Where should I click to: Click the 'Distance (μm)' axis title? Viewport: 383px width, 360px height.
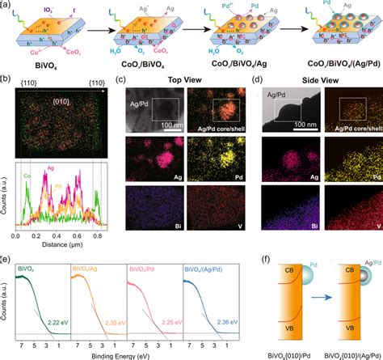tap(68, 249)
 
